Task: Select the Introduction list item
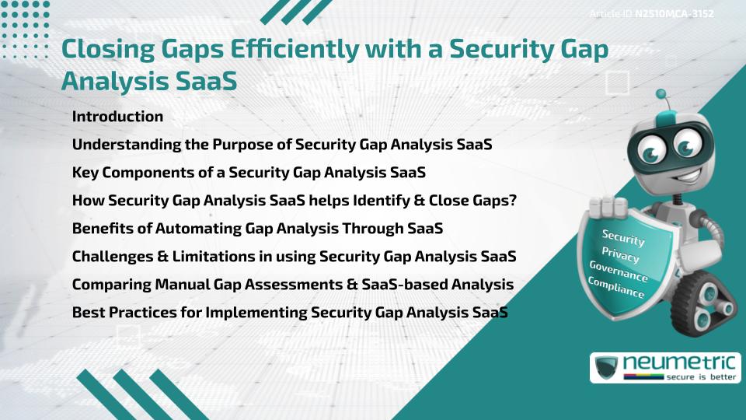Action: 117,117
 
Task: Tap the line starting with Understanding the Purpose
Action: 282,145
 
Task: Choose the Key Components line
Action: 248,172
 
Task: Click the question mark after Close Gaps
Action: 513,201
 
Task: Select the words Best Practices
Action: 124,312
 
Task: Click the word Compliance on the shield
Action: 615,288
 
